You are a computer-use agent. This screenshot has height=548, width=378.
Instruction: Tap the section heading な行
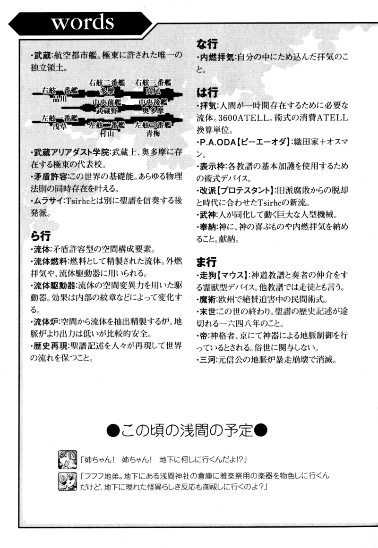click(206, 44)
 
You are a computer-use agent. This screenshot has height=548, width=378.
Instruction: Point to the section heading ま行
click(206, 261)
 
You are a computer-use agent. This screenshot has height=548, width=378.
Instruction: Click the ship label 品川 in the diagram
click(60, 100)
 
